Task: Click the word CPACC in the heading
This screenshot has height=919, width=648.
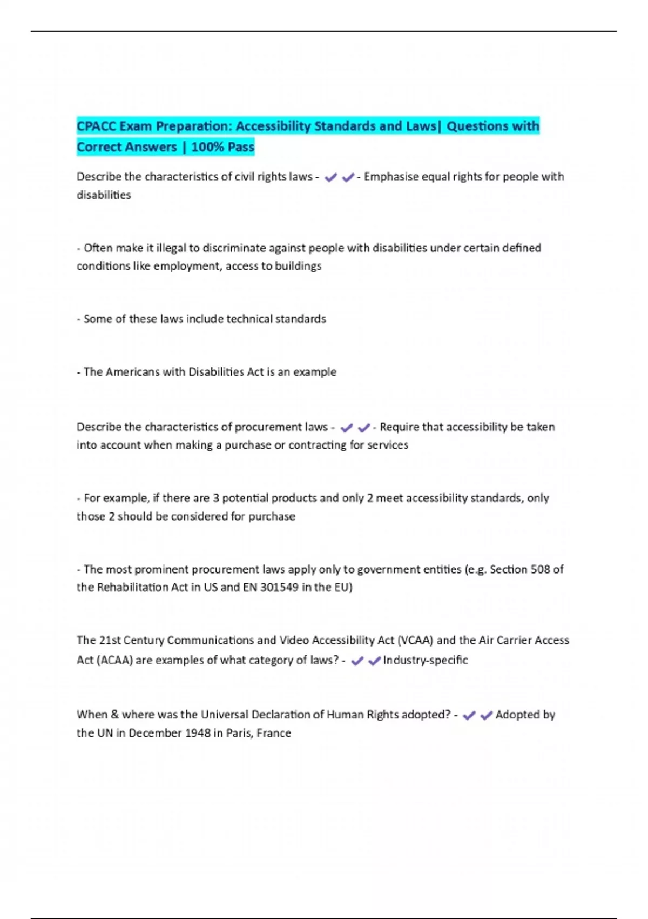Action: click(x=96, y=126)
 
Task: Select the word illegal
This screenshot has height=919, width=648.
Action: click(x=171, y=248)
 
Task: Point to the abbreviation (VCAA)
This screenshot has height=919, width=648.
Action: click(x=415, y=641)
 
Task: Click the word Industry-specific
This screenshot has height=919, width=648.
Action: click(x=426, y=660)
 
